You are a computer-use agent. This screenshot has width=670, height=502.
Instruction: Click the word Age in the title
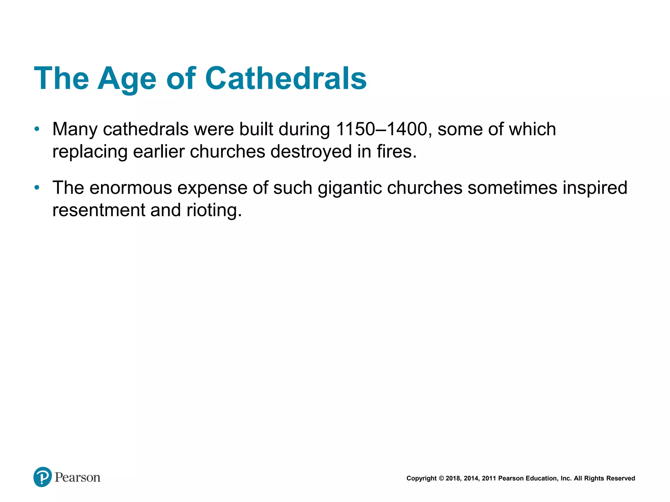(127, 78)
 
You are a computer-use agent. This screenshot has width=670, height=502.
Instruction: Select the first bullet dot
(37, 129)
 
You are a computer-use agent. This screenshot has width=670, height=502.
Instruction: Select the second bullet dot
(37, 188)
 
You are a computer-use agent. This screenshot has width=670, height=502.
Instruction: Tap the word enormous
(131, 188)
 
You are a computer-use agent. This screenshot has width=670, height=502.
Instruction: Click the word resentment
(98, 210)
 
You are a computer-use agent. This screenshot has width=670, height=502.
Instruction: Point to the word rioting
(214, 210)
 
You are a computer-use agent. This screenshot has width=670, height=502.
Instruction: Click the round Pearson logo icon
(43, 477)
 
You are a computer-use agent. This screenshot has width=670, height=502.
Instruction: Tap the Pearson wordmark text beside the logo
(78, 477)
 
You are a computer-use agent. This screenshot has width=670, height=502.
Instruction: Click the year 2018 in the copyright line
(452, 478)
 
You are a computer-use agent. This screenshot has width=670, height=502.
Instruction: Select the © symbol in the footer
(441, 478)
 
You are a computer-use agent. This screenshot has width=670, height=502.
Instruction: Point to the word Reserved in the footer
(621, 478)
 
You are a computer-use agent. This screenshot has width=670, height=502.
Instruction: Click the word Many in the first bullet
(75, 129)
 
